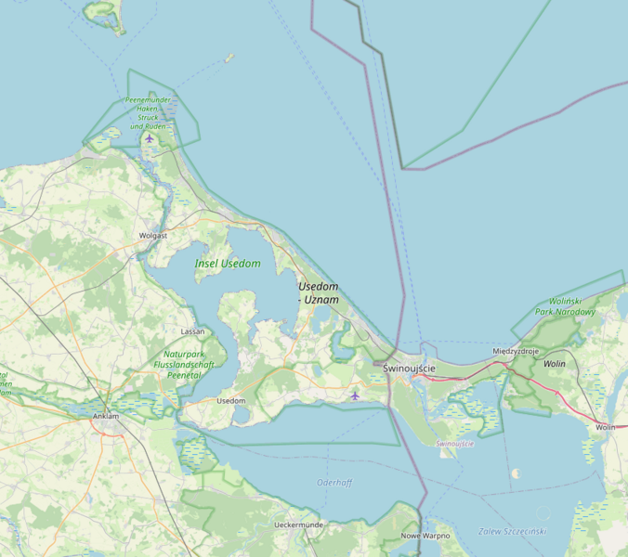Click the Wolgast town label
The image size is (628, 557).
click(x=152, y=236)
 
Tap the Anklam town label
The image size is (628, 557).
click(x=106, y=416)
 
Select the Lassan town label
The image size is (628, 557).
click(x=193, y=331)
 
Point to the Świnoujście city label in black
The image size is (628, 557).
click(x=409, y=369)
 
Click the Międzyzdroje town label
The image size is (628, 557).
click(x=516, y=352)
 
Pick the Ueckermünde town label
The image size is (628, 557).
click(x=298, y=525)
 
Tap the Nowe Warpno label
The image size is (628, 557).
click(x=425, y=536)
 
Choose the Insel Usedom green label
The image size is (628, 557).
click(x=228, y=264)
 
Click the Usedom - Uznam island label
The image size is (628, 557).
click(x=319, y=293)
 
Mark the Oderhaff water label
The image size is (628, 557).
click(x=334, y=483)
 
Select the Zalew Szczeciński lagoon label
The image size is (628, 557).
click(x=512, y=531)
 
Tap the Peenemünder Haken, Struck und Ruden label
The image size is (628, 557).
click(x=149, y=113)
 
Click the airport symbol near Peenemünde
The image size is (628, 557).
click(x=150, y=138)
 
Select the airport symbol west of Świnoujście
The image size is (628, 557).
click(x=355, y=395)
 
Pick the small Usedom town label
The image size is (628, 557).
click(x=230, y=400)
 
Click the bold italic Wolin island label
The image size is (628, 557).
click(x=555, y=364)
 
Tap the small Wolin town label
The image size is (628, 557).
click(x=606, y=427)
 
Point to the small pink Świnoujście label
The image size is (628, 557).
click(x=455, y=444)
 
